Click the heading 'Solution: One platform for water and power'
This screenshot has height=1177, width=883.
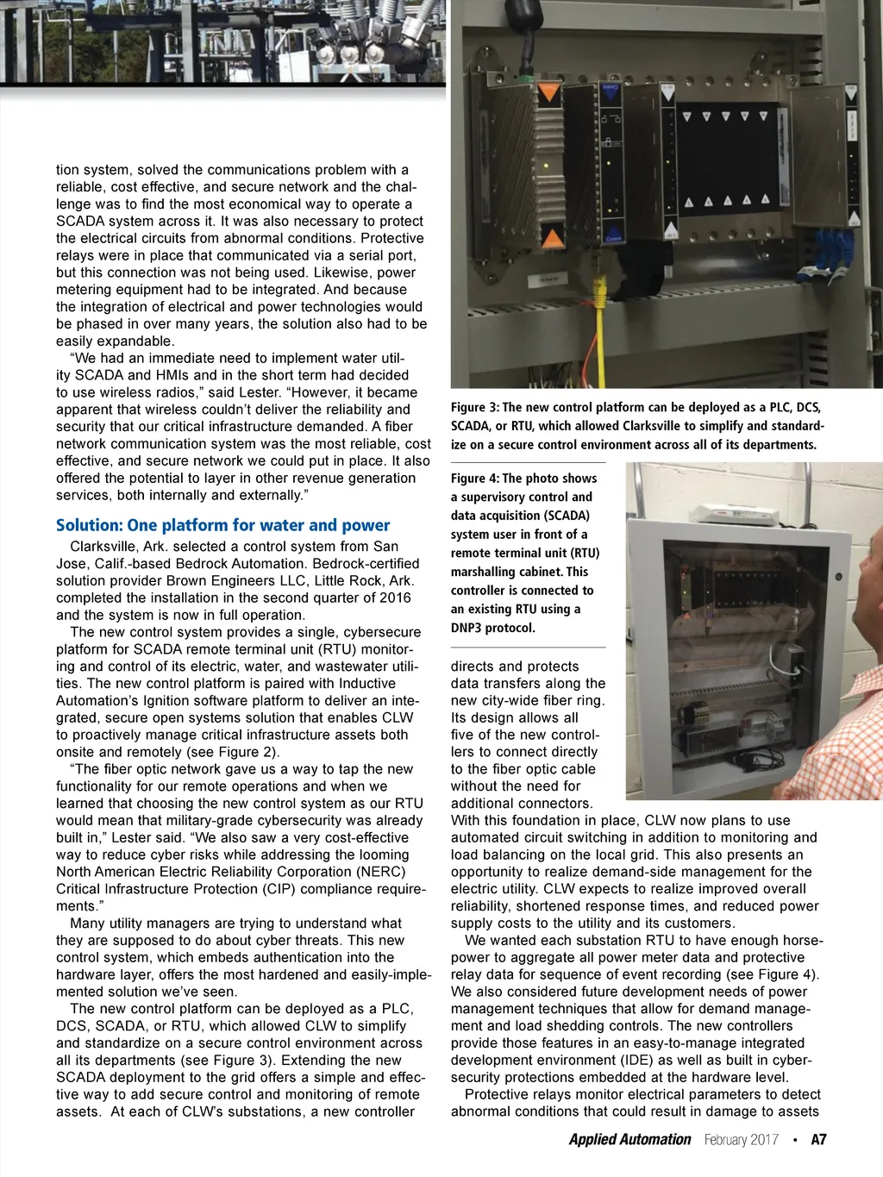point(222,525)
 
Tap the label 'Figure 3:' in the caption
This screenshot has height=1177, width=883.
point(474,407)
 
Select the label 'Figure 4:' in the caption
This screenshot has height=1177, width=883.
point(474,479)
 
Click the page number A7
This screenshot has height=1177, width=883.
point(818,1139)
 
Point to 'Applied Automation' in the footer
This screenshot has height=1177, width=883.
point(629,1139)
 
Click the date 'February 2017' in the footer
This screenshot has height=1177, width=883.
point(741,1139)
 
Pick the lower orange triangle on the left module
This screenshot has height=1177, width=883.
point(552,235)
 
